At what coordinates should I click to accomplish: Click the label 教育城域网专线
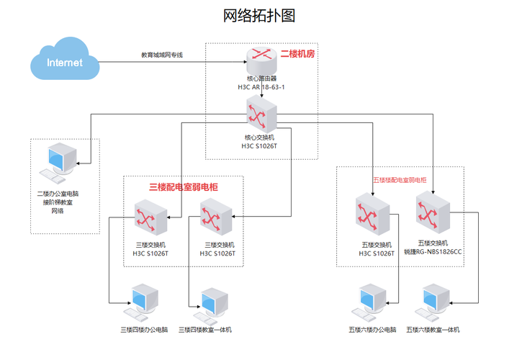(x=161, y=55)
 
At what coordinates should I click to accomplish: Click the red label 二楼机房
(x=298, y=54)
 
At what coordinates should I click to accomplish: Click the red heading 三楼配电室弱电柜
(x=184, y=186)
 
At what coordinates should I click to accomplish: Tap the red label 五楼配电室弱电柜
(x=400, y=179)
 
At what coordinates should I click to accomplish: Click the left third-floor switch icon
(x=150, y=219)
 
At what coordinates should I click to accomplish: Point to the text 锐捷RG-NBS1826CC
(x=433, y=253)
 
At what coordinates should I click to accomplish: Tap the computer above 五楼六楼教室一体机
(x=436, y=302)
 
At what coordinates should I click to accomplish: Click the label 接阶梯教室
(x=60, y=202)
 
